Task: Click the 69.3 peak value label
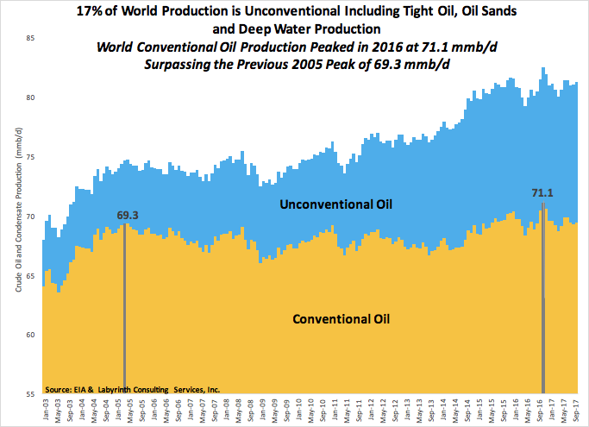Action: [x=127, y=214]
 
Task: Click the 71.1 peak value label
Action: [x=542, y=193]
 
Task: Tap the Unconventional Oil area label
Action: [x=337, y=205]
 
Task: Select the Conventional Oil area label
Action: [x=342, y=318]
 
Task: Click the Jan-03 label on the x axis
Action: [x=45, y=410]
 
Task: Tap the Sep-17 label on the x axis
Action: [x=574, y=410]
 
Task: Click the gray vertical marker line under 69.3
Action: [x=125, y=311]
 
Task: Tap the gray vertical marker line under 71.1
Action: [x=542, y=302]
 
